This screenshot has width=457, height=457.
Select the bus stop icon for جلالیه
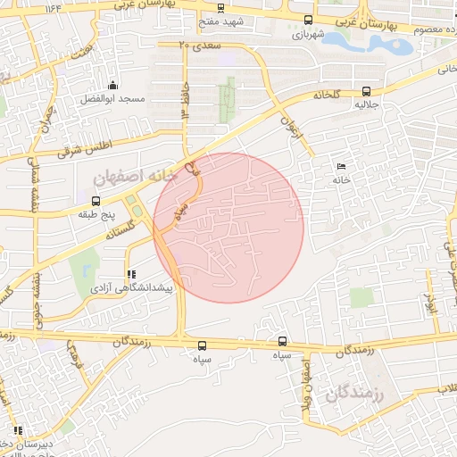click(367, 91)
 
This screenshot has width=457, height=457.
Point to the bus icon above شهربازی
click(309, 21)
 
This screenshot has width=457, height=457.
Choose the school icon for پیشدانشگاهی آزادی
click(131, 274)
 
